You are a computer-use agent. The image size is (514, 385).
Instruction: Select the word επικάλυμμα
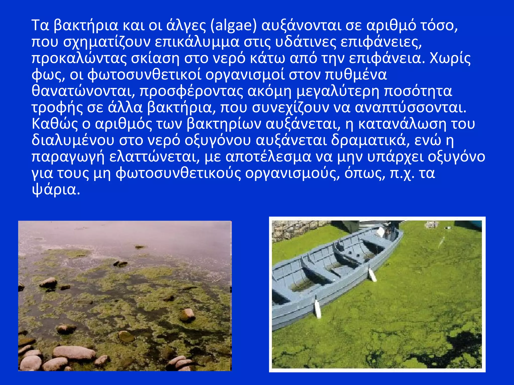point(197,42)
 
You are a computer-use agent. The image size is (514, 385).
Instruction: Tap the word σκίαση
point(155,58)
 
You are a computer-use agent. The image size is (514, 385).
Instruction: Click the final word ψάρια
point(56,190)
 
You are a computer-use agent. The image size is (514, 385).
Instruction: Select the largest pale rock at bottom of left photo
point(74,352)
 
